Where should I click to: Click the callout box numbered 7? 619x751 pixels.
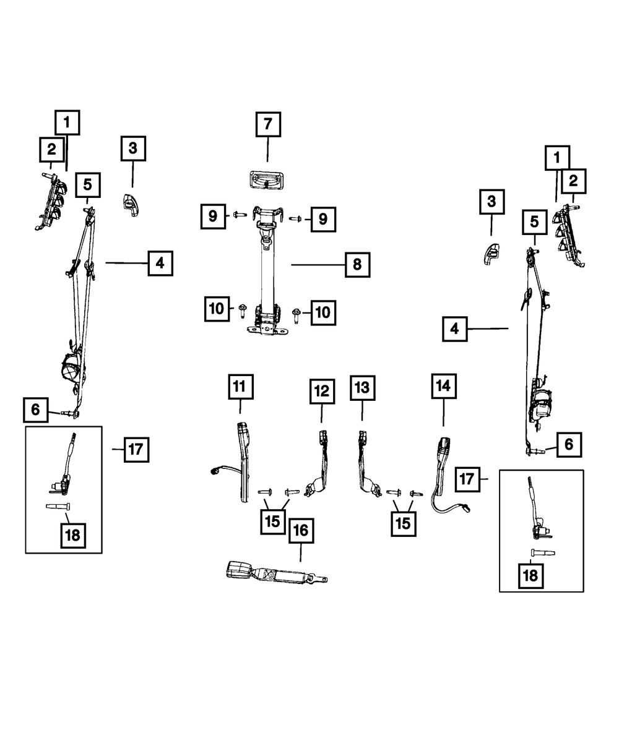tap(268, 124)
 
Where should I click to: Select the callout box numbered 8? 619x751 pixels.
tap(357, 264)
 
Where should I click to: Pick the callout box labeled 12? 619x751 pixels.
tap(322, 391)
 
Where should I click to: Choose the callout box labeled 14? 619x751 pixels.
tap(443, 386)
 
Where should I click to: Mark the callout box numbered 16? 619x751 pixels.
tap(300, 531)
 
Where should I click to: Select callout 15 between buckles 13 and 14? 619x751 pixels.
tap(402, 523)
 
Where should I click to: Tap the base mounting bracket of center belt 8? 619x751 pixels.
tap(266, 330)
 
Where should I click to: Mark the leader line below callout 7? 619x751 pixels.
tap(268, 150)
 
